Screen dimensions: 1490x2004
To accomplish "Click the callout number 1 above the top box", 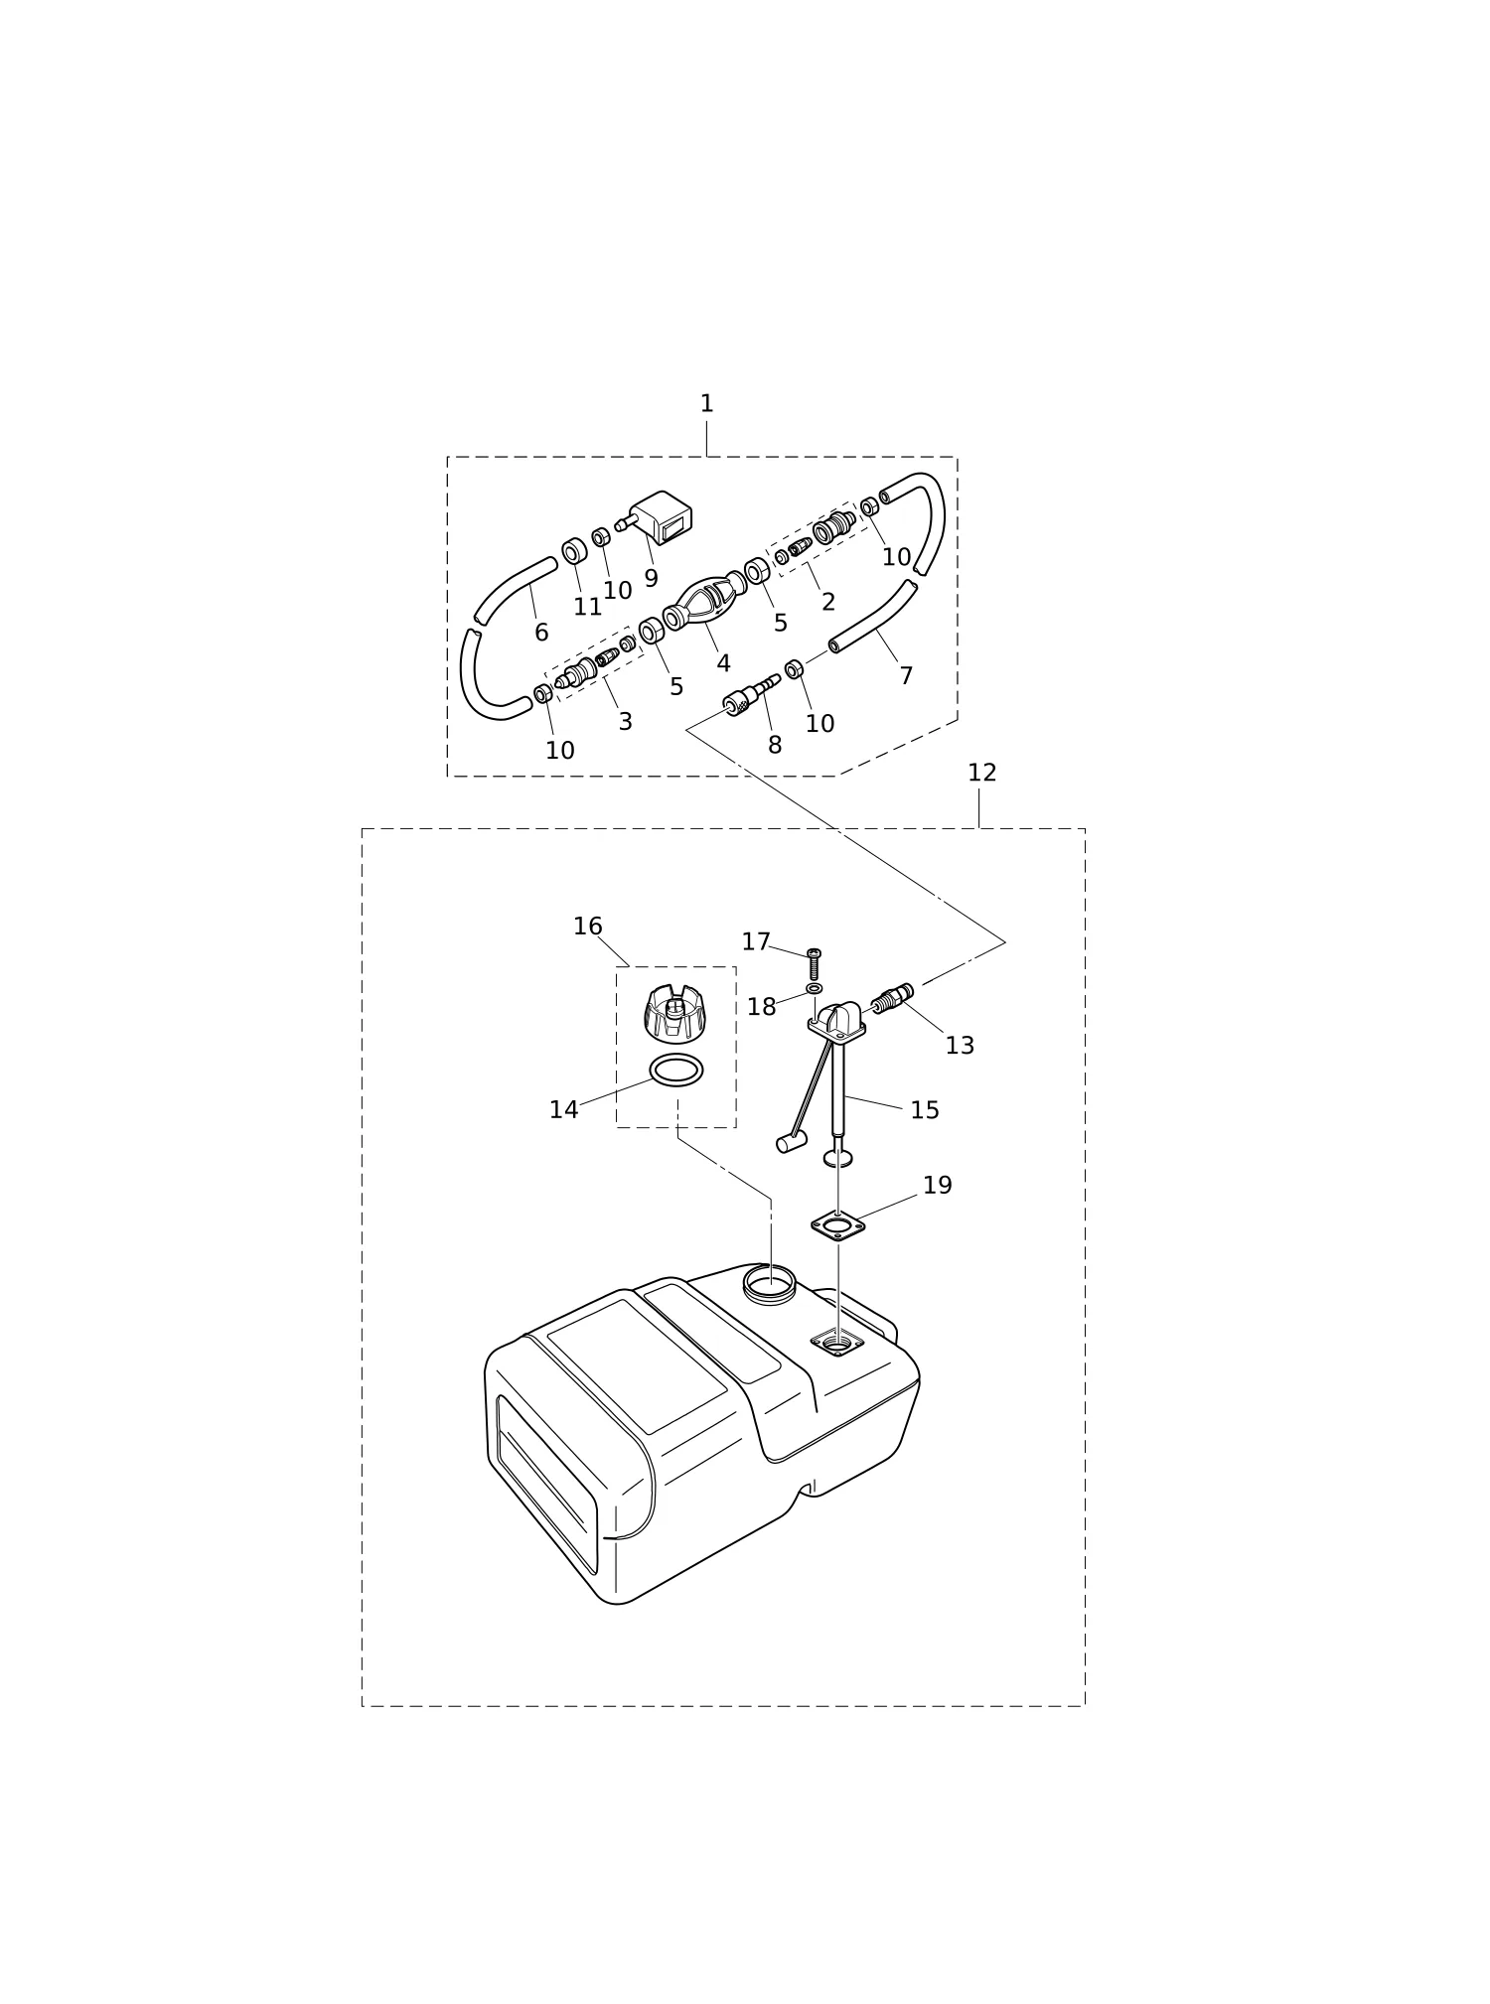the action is point(706,404).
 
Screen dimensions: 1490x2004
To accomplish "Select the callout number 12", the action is point(981,773).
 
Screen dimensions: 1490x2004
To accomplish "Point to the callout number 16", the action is point(587,927).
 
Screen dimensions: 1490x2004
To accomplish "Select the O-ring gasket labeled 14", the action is point(676,1071).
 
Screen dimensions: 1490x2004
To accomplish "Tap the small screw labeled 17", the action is point(815,963).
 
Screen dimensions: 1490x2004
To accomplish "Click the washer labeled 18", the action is point(815,989).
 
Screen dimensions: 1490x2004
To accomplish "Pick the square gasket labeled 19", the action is point(837,1225).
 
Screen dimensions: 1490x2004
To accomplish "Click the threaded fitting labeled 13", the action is point(892,998).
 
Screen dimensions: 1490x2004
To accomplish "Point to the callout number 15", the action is point(924,1110).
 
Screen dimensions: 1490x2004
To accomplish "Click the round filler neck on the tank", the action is point(770,1284).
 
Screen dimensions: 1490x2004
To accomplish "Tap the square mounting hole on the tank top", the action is point(837,1344).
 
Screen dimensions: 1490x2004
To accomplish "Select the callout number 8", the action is point(775,746).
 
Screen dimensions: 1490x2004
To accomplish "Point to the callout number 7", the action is point(906,676).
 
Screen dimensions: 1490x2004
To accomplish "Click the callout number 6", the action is point(541,633).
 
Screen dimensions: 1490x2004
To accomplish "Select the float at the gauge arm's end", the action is point(791,1143).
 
